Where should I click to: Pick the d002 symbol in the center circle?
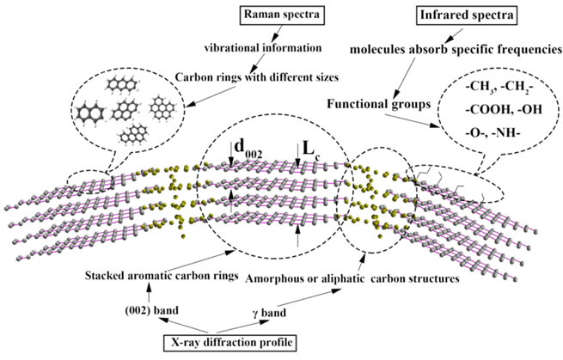pyautogui.click(x=248, y=149)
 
